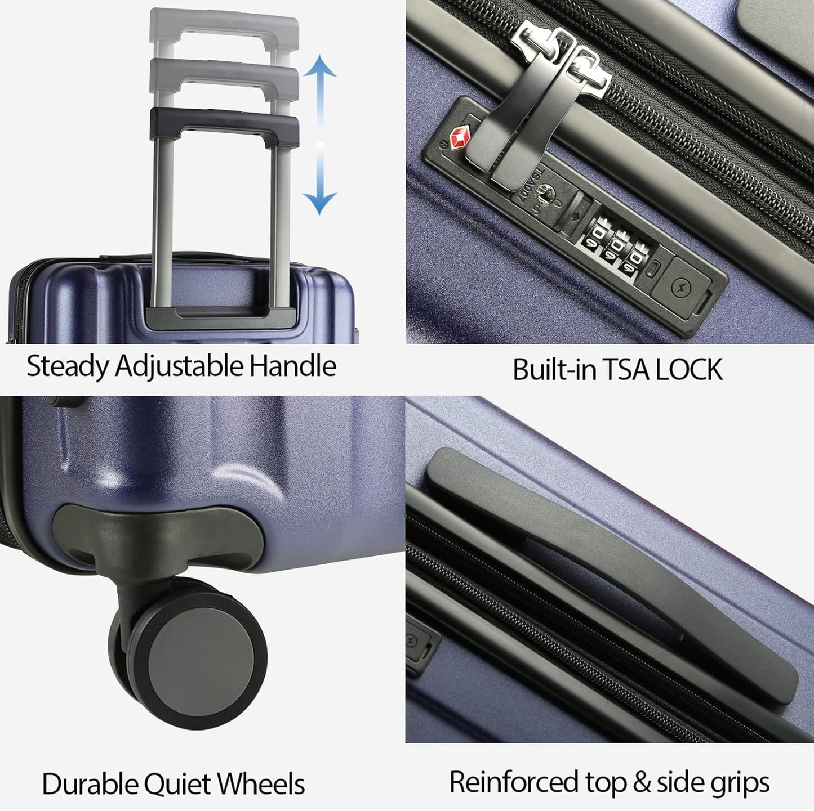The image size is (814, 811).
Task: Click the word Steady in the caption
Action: [x=67, y=366]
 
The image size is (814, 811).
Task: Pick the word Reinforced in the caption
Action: [x=514, y=782]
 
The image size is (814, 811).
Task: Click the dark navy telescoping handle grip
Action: [x=224, y=121]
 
